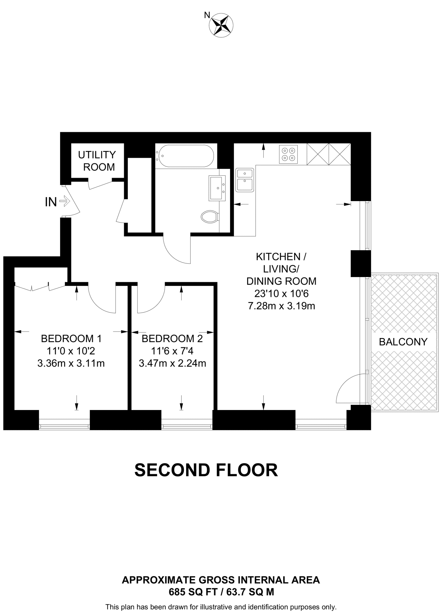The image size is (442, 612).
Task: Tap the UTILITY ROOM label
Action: tap(97, 161)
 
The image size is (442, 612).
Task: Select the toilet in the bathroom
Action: tap(209, 216)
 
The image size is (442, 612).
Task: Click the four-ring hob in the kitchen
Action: tap(288, 154)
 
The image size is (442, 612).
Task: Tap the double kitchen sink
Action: tap(244, 180)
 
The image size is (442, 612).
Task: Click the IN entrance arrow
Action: tap(64, 201)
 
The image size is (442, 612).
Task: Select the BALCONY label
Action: tap(403, 342)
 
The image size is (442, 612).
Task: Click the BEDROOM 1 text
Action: tap(71, 339)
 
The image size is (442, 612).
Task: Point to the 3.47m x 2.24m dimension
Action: tap(172, 363)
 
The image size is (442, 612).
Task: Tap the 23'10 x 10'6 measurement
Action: tap(281, 294)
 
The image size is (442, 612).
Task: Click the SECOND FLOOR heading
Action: tap(206, 470)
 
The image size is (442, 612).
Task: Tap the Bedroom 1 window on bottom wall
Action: tap(64, 424)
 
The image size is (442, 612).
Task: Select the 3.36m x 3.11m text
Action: tap(71, 363)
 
